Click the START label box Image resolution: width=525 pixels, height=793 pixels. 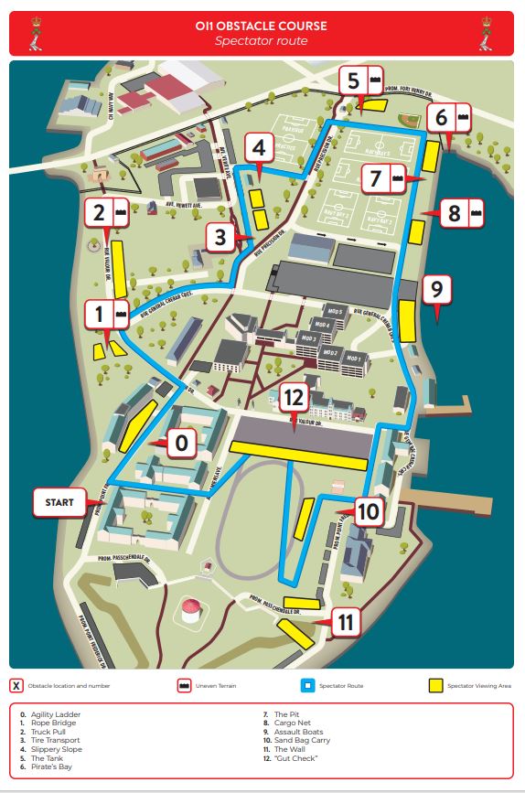tap(59, 502)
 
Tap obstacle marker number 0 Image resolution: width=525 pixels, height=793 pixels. tap(181, 444)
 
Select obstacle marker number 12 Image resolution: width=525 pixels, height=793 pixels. tap(294, 398)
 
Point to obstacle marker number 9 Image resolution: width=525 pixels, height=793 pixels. tap(436, 290)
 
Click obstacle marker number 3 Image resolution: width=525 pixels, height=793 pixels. tap(220, 238)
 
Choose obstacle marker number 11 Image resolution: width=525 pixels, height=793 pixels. tap(345, 623)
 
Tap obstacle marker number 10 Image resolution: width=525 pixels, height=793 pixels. tap(367, 511)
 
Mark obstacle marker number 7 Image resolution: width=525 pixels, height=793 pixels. tap(375, 178)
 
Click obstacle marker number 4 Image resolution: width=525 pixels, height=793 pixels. tap(260, 146)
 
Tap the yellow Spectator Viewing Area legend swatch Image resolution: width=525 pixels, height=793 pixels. tap(434, 685)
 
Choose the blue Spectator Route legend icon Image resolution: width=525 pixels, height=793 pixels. tap(307, 685)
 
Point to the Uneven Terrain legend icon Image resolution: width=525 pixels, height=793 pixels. tap(184, 685)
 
